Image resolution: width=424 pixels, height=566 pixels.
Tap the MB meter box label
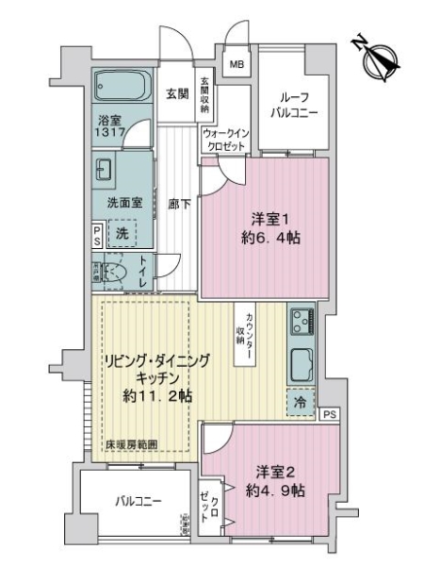tap(236, 65)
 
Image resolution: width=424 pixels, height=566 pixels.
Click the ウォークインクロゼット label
tap(224, 141)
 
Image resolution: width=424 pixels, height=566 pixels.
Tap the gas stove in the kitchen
tap(302, 323)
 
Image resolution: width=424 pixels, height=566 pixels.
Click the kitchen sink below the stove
tap(302, 361)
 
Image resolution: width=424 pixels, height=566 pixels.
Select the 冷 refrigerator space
tap(302, 401)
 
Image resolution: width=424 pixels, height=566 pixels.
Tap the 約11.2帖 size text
tap(158, 396)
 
